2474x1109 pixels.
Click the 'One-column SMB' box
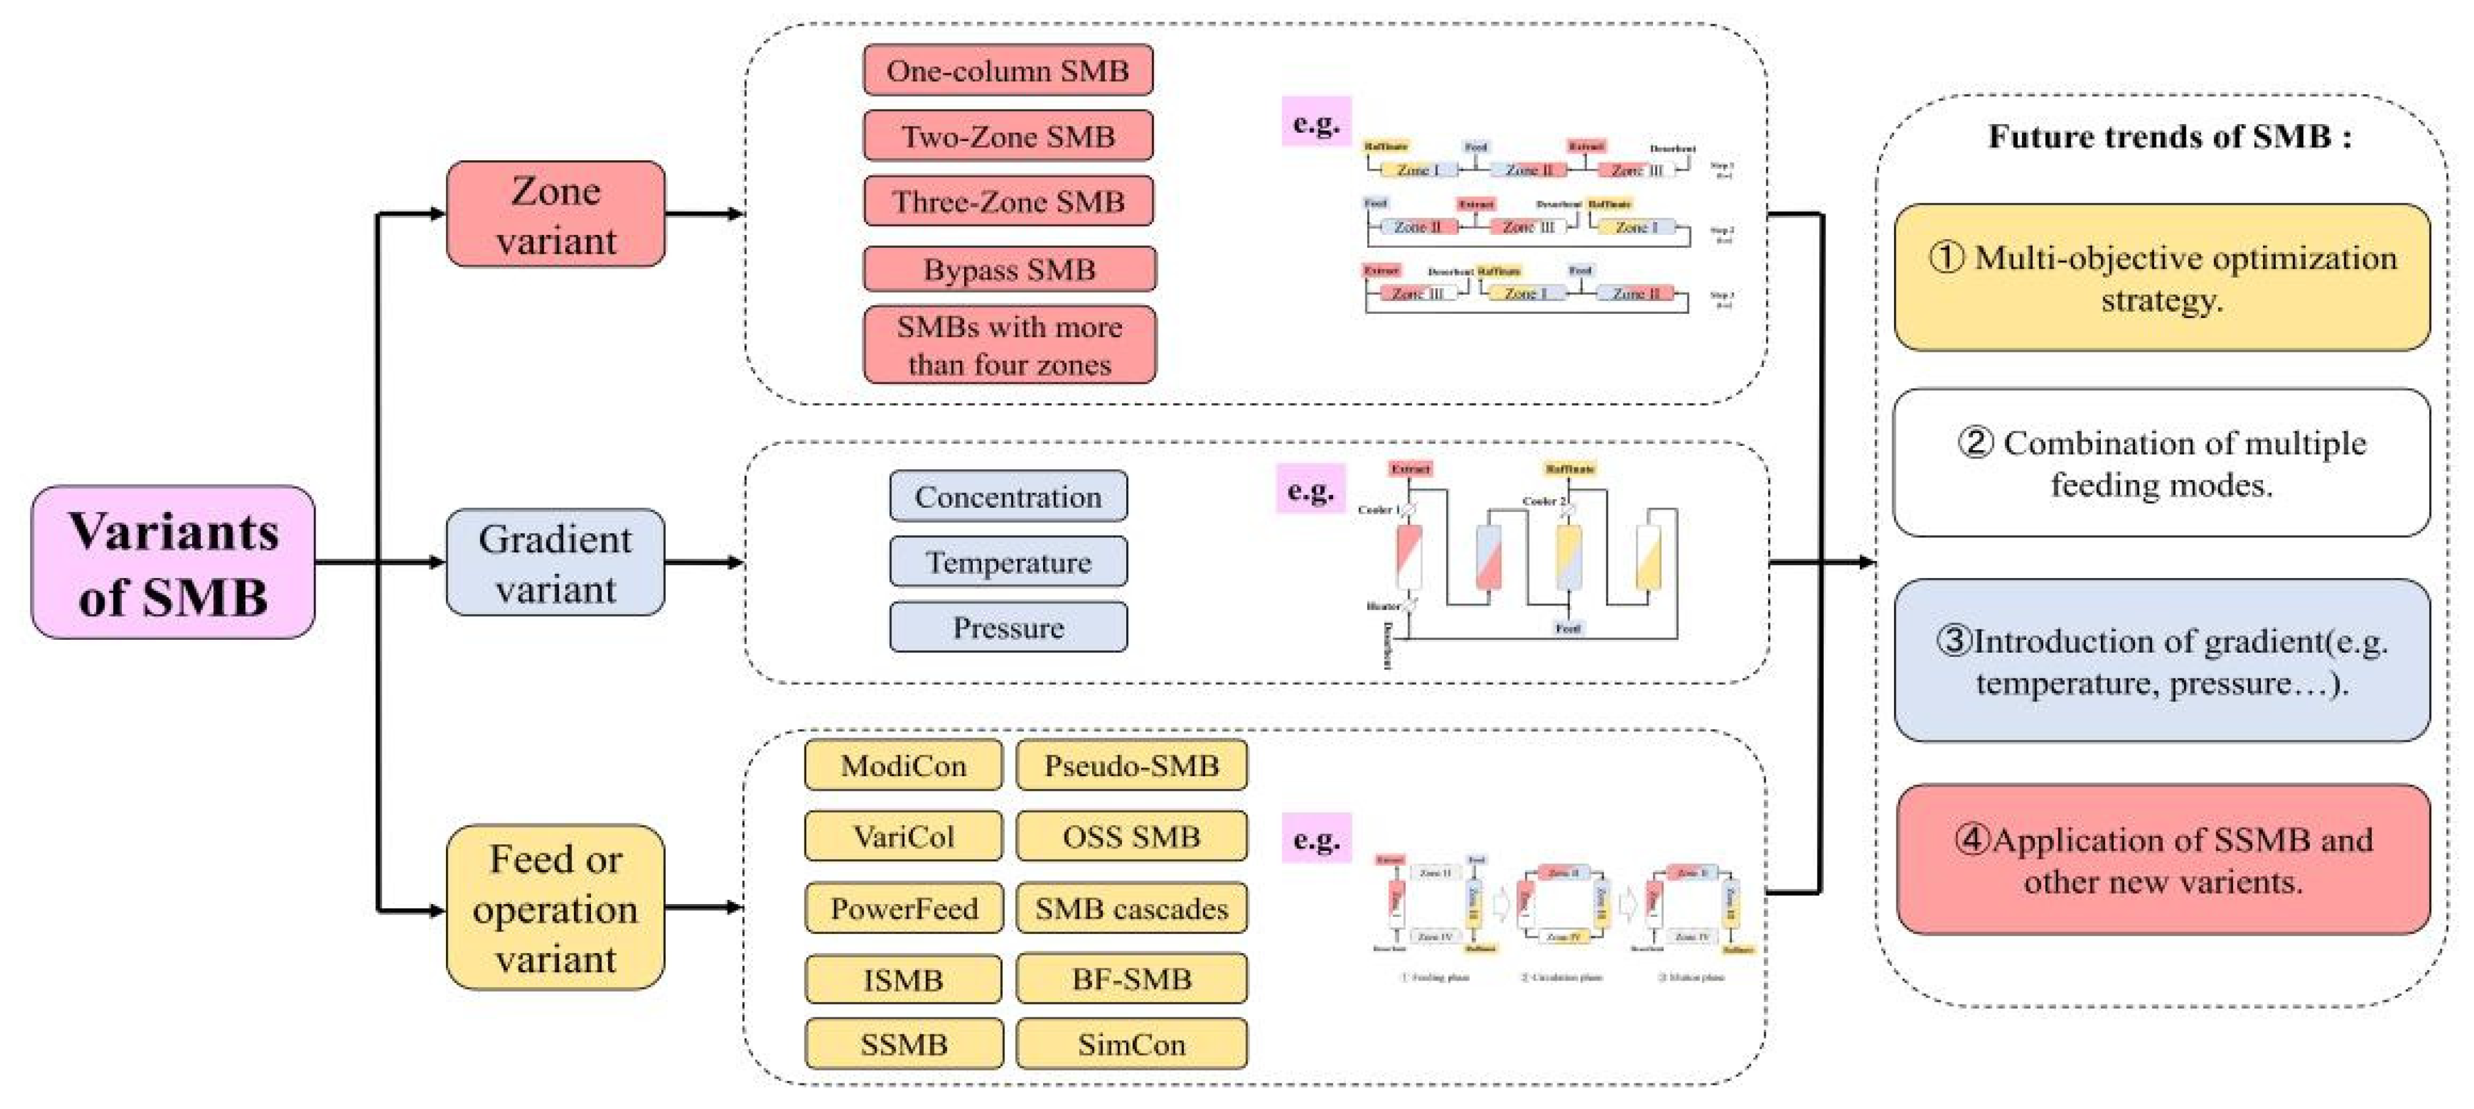coord(1008,70)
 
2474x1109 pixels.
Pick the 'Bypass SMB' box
coord(1009,269)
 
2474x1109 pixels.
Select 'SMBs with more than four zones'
coord(1009,345)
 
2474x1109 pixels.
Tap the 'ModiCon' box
coord(903,765)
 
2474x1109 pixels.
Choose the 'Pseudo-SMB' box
coord(1131,765)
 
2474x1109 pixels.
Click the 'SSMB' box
coord(903,1044)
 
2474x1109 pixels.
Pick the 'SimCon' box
coord(1131,1044)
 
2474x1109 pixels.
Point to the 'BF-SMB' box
coord(1131,979)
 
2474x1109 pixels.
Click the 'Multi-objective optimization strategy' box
coord(2162,278)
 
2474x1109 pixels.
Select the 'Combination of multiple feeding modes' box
coord(2162,463)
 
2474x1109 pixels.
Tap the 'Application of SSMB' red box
coord(2163,859)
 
